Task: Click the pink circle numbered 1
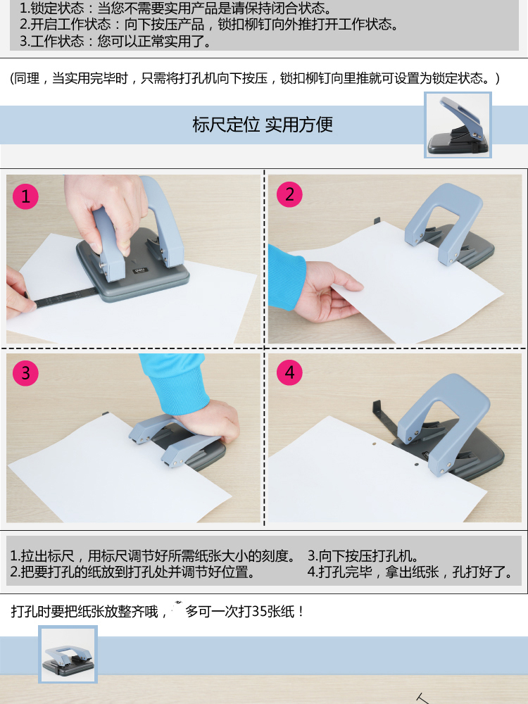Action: click(x=25, y=196)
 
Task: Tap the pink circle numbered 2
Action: click(x=289, y=194)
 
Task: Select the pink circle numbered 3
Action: click(x=25, y=372)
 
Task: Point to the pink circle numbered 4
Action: click(x=289, y=372)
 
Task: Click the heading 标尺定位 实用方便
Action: click(x=263, y=125)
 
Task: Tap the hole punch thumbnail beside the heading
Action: click(x=458, y=125)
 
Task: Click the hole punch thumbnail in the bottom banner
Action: click(x=68, y=655)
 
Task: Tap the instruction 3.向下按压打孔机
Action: click(x=363, y=556)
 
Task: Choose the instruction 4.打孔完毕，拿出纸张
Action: click(x=410, y=572)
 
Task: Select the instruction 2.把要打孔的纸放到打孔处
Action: click(x=132, y=572)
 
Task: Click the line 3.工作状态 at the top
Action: click(x=115, y=42)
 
